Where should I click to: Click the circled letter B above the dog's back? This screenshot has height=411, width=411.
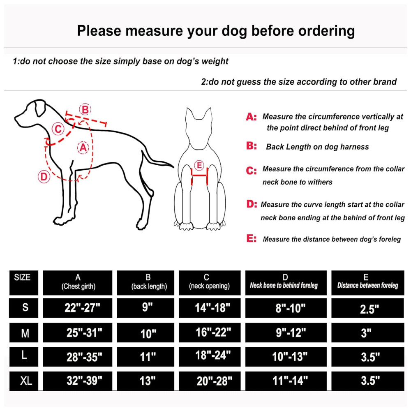click(x=85, y=109)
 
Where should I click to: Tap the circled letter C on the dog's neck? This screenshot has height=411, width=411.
click(x=58, y=129)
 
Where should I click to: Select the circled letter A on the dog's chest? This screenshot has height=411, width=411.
click(x=83, y=148)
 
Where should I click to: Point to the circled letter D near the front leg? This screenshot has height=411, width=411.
click(x=44, y=177)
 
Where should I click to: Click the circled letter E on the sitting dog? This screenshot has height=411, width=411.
click(x=199, y=165)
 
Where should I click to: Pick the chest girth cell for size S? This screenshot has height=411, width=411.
click(x=78, y=308)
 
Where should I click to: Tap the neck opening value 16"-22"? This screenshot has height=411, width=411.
click(x=210, y=332)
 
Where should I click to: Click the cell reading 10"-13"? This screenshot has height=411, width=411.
click(x=286, y=357)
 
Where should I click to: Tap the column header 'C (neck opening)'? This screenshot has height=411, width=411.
click(x=210, y=283)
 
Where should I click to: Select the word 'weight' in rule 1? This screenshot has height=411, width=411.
click(x=215, y=61)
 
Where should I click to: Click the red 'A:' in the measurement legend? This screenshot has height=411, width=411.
click(x=252, y=117)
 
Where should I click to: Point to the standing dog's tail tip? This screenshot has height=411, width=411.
click(x=173, y=166)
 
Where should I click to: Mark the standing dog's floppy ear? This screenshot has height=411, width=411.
click(x=40, y=108)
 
